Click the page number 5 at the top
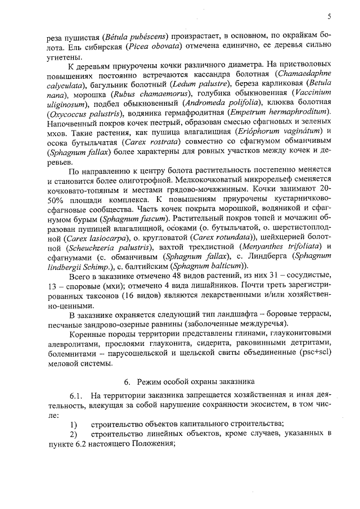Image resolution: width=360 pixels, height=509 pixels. (329, 17)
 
